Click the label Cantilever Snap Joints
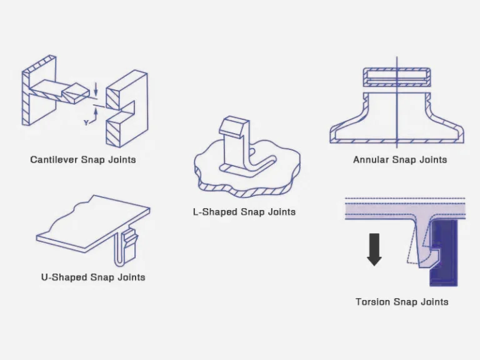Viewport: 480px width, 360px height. (x=83, y=159)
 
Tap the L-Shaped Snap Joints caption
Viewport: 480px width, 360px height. (x=244, y=212)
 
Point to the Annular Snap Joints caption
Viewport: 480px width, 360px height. (x=400, y=159)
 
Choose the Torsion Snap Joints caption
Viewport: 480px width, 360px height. (x=402, y=302)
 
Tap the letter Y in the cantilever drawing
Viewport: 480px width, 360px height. (x=86, y=123)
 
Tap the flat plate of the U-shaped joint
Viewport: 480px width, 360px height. (x=94, y=219)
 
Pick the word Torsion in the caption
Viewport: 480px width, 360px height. (x=373, y=302)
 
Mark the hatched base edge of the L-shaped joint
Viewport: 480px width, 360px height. (x=244, y=186)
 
